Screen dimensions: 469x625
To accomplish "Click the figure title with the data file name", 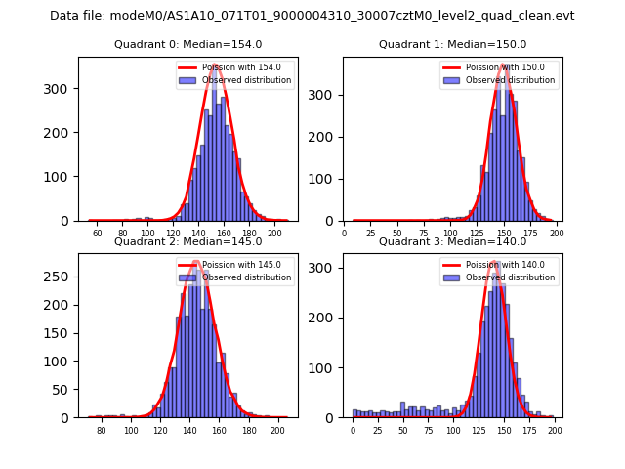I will (312, 16).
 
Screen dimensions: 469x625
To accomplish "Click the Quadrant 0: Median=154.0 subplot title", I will (187, 44).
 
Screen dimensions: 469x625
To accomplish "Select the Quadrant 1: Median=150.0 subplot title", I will (452, 44).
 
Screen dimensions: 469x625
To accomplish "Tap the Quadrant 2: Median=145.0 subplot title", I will (187, 241).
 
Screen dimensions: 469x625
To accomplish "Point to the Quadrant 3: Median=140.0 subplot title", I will (452, 241).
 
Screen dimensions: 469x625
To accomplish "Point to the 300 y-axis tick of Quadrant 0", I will (63, 89).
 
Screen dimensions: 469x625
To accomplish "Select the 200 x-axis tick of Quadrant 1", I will (557, 234).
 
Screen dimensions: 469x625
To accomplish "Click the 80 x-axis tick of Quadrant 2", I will (101, 431).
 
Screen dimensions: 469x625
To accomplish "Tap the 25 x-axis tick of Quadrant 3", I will (378, 431).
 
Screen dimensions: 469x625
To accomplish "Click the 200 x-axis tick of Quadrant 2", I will (277, 431).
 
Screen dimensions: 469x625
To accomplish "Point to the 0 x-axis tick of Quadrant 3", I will (354, 431).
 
